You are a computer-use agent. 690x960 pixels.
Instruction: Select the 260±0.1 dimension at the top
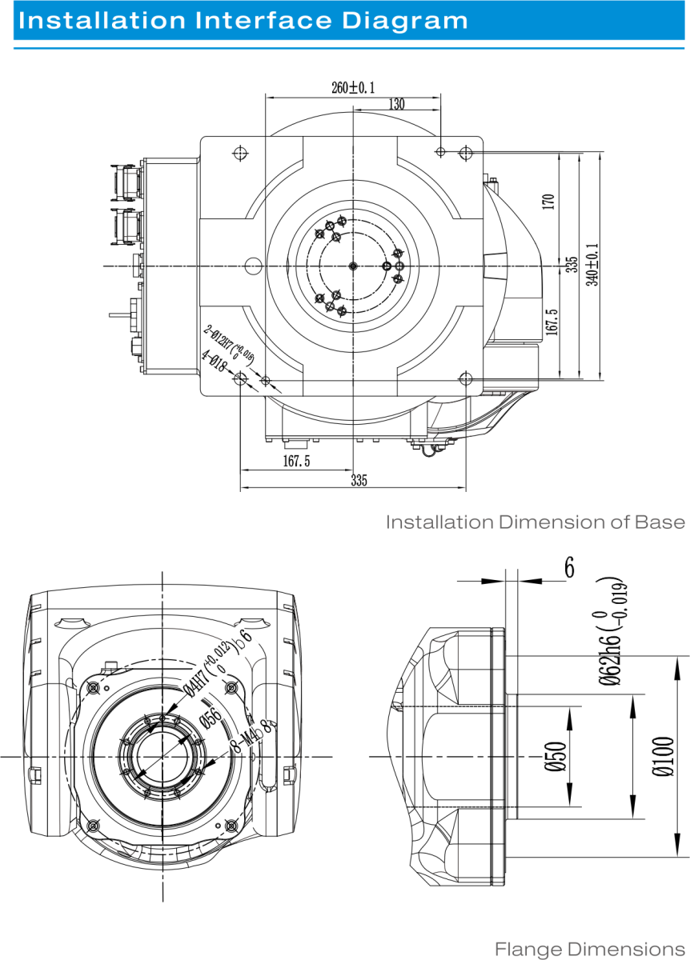[353, 88]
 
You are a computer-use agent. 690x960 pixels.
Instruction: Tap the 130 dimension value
[396, 104]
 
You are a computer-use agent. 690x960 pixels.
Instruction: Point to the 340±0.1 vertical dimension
[592, 265]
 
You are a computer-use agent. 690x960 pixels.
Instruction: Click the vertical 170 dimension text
[548, 201]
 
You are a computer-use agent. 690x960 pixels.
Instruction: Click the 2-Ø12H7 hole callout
[229, 344]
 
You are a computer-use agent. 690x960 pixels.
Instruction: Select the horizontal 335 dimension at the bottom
[359, 480]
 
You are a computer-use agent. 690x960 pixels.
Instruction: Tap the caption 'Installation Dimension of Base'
[536, 522]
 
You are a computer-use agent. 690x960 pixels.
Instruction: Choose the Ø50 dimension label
[559, 756]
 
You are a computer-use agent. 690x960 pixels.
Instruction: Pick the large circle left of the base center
[254, 265]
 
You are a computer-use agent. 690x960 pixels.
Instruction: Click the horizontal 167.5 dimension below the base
[296, 461]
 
